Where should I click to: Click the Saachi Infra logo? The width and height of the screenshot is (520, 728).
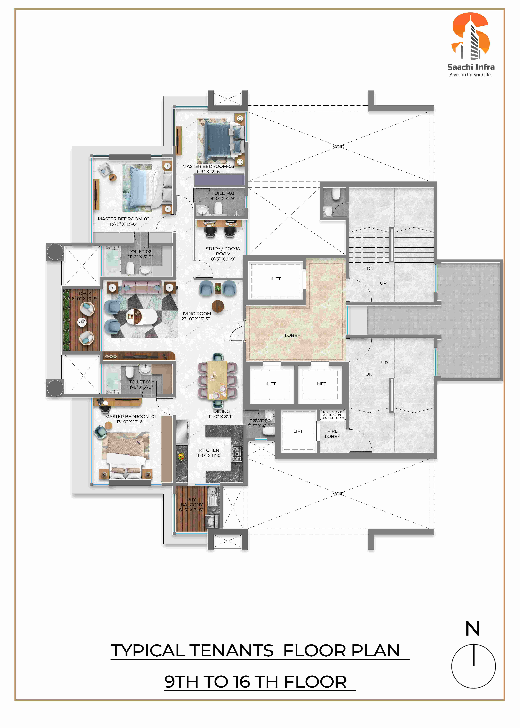pos(471,45)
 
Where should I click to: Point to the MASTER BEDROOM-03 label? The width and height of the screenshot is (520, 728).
pos(208,167)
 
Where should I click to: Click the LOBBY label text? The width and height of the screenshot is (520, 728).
pos(293,335)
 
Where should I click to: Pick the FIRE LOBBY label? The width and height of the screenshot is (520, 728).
pos(332,434)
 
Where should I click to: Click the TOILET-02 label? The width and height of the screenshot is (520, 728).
pos(140,252)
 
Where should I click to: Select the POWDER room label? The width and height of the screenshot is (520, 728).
pos(260,421)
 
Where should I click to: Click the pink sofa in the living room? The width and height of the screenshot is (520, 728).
pos(141,287)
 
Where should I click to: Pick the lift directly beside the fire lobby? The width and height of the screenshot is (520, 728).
pos(298,431)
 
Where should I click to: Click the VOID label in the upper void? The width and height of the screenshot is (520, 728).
pos(338,147)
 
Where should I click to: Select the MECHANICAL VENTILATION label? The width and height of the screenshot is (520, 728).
pos(332,415)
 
